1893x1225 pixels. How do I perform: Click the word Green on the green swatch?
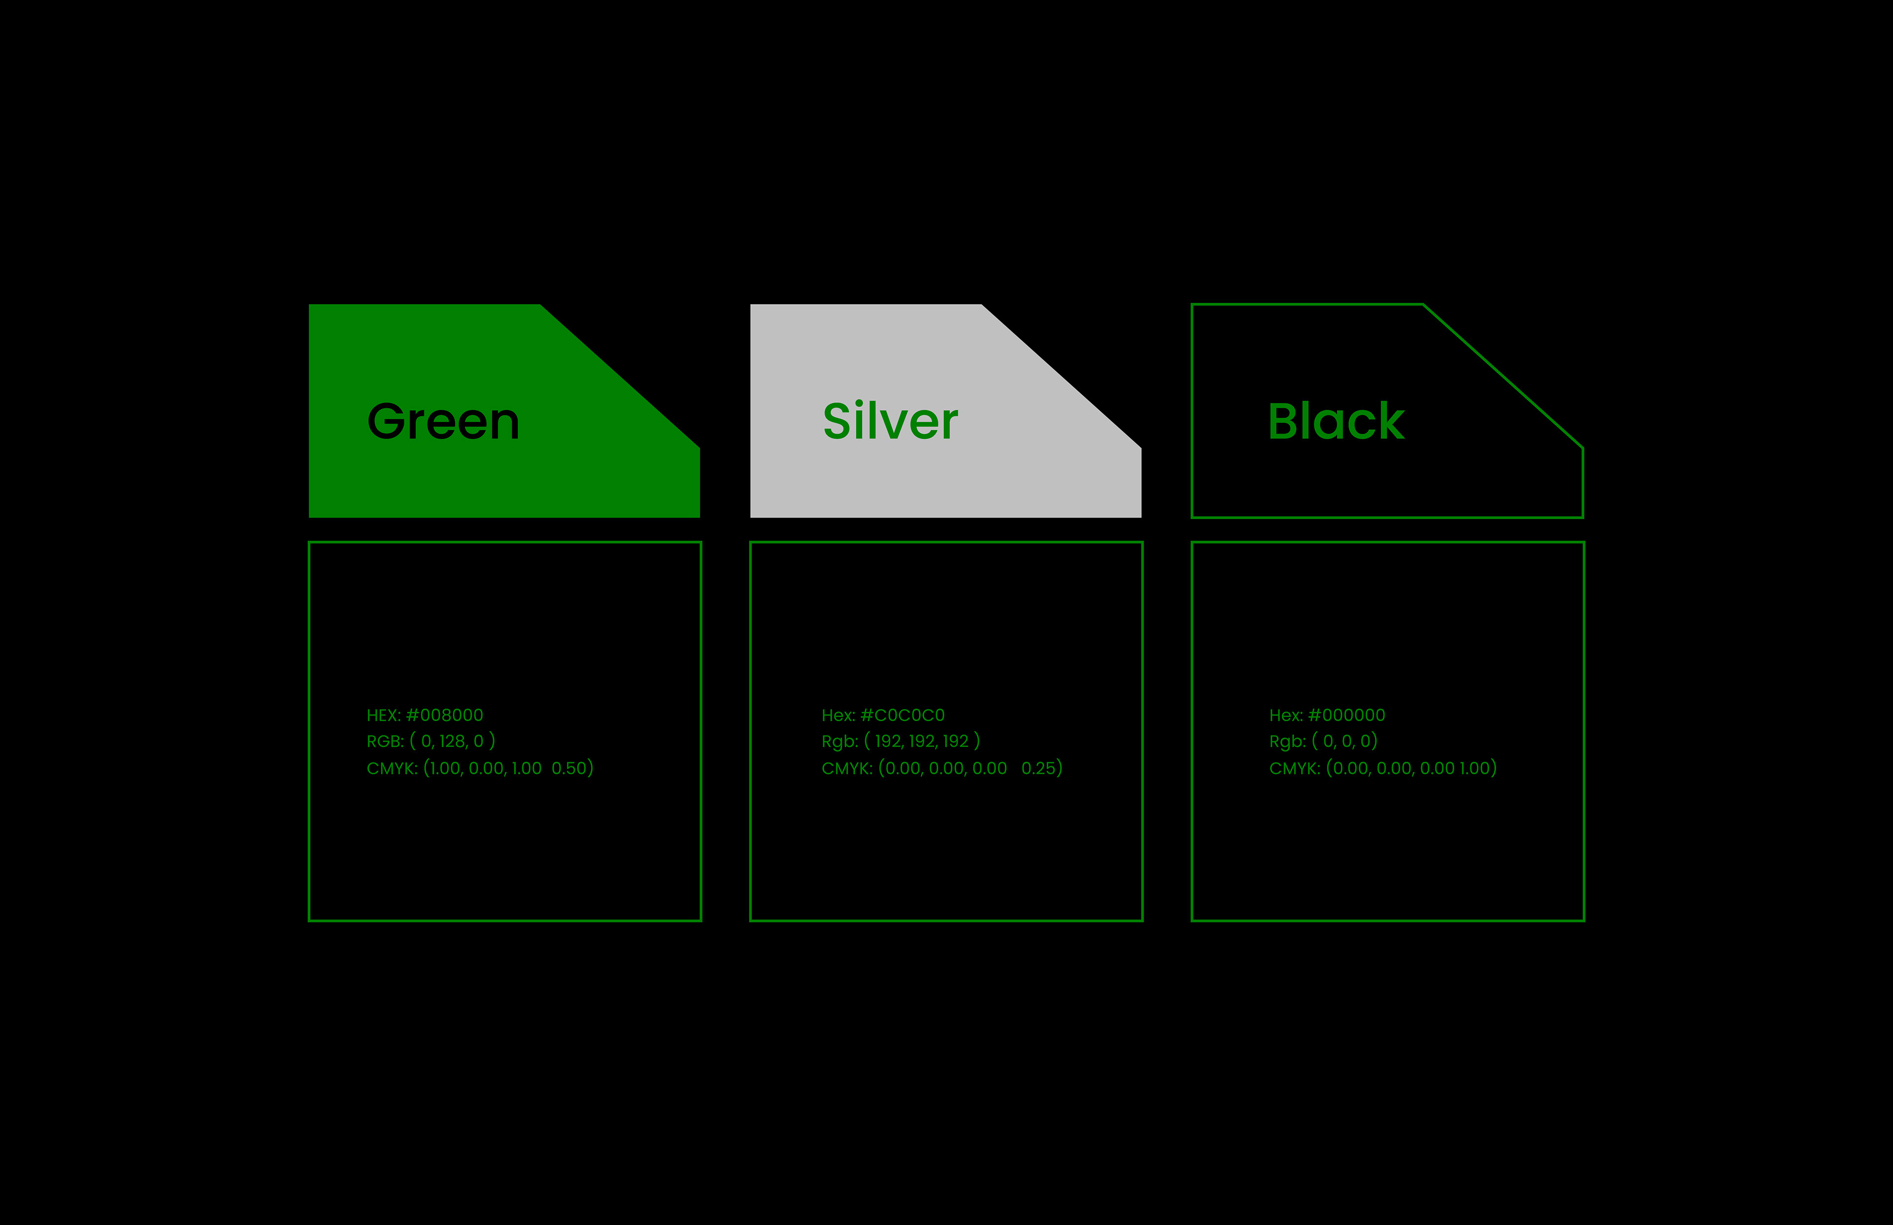(443, 421)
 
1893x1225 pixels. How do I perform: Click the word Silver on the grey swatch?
(890, 421)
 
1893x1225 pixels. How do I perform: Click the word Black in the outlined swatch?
(1336, 421)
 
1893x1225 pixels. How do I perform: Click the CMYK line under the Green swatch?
(480, 769)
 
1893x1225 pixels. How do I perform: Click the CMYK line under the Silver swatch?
(942, 769)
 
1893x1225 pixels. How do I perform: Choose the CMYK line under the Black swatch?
(1382, 769)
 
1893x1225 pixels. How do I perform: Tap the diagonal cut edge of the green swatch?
(620, 376)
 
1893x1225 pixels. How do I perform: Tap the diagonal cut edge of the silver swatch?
(1062, 376)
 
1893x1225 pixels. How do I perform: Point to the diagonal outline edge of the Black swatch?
(1503, 376)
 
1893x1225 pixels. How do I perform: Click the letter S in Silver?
(838, 421)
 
